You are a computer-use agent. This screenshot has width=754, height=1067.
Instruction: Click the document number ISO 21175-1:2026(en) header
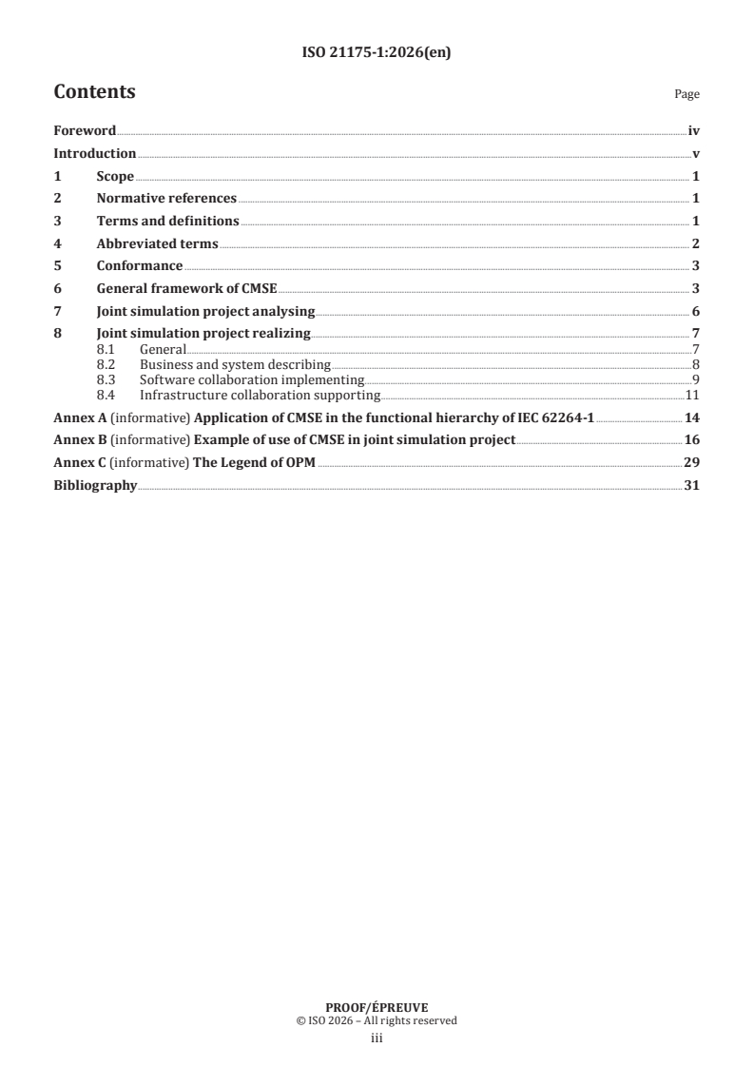pos(376,53)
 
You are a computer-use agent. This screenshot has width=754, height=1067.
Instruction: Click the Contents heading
pos(94,92)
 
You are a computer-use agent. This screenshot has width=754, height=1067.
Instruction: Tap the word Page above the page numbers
pos(686,95)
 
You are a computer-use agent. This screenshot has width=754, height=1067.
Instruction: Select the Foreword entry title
pos(85,130)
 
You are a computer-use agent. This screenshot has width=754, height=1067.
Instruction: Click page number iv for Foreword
pos(693,130)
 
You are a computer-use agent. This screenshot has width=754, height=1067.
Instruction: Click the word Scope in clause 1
pos(115,176)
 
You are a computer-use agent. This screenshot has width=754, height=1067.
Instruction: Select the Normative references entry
pos(166,199)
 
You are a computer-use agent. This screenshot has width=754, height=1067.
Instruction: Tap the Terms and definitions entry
pos(167,222)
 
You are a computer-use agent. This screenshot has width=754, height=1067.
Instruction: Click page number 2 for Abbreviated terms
pos(696,244)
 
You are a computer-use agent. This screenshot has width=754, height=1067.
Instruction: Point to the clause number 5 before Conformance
pos(58,266)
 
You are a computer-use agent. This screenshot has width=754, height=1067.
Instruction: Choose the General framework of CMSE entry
pos(186,289)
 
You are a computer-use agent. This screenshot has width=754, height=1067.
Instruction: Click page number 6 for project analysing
pos(696,312)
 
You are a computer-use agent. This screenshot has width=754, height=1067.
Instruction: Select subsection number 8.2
pos(106,364)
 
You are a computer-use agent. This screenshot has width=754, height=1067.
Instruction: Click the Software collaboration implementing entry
pos(252,379)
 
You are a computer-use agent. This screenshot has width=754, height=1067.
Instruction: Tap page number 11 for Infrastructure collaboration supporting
pos(692,395)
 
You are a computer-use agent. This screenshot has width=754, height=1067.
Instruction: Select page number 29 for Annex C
pos(692,463)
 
